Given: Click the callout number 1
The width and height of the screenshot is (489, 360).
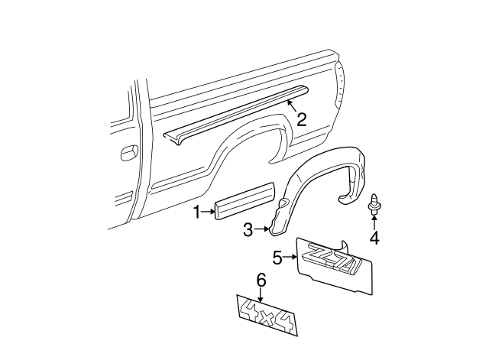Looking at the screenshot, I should pyautogui.click(x=196, y=212).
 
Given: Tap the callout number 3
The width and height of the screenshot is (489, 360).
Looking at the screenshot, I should pyautogui.click(x=248, y=229).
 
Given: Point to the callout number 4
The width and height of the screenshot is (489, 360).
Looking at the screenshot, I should pyautogui.click(x=374, y=238).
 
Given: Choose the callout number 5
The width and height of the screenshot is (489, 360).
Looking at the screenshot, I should pyautogui.click(x=278, y=257).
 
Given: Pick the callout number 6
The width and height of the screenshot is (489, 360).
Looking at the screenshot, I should pyautogui.click(x=261, y=281).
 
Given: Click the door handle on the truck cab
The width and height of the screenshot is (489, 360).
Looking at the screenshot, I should pyautogui.click(x=126, y=152).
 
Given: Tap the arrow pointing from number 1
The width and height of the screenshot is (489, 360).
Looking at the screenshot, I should pyautogui.click(x=209, y=212).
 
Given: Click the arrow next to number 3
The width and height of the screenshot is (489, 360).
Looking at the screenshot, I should pyautogui.click(x=261, y=229).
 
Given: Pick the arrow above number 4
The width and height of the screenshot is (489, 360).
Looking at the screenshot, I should pyautogui.click(x=374, y=222).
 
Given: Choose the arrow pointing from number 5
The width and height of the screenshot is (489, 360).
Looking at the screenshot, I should pyautogui.click(x=290, y=258).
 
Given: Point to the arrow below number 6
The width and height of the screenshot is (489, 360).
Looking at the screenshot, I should pyautogui.click(x=261, y=294).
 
